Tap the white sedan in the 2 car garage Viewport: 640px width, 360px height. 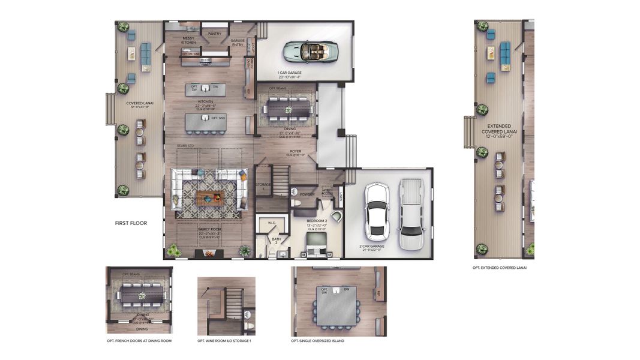click(377, 209)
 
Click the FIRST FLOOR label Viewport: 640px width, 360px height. click(131, 223)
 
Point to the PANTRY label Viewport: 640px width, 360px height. click(214, 34)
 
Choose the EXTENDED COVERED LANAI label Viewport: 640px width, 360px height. click(499, 131)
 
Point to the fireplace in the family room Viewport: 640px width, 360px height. click(209, 254)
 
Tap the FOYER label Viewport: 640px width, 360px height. click(295, 151)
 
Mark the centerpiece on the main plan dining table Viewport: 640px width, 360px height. click(288, 110)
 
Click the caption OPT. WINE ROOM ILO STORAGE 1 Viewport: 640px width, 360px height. click(224, 341)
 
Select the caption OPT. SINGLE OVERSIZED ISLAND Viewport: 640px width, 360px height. click(317, 341)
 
